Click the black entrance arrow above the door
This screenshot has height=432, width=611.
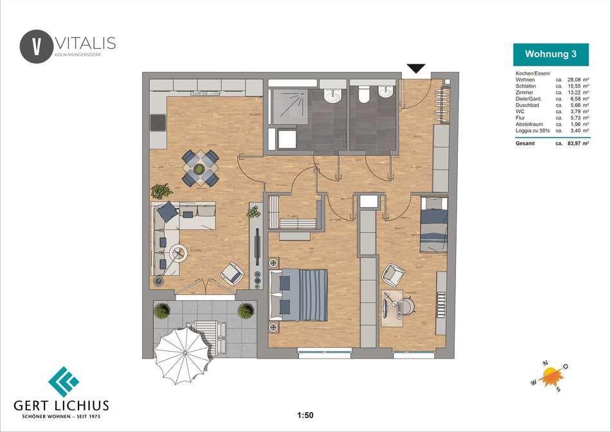tap(415, 69)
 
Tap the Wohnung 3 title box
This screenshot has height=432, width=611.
tap(551, 54)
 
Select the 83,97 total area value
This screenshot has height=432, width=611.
tap(574, 143)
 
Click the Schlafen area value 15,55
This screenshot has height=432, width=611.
tap(574, 86)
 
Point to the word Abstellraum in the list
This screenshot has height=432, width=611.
tap(529, 124)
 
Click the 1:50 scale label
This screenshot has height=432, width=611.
tap(305, 415)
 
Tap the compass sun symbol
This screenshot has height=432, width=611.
tap(551, 376)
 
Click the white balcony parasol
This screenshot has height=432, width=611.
tap(183, 354)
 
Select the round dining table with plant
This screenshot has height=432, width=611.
tap(199, 168)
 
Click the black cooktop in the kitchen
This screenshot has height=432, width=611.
tap(158, 122)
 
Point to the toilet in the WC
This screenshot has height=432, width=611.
tap(364, 94)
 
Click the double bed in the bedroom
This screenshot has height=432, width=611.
tap(298, 294)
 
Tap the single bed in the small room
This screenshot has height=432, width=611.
tap(433, 225)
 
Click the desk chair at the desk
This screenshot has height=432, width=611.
tap(406, 306)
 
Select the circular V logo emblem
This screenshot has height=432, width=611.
tap(36, 46)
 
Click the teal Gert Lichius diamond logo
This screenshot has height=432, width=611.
tap(64, 382)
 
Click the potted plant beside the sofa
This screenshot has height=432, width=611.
tap(161, 191)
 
